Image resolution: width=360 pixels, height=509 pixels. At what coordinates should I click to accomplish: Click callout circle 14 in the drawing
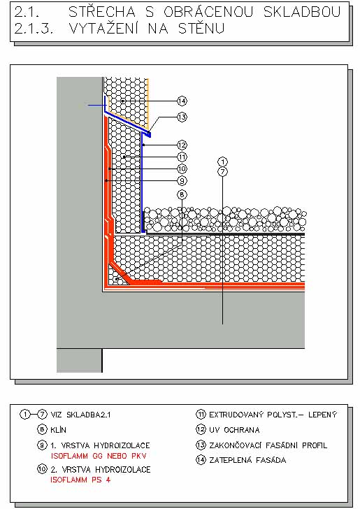tap(182, 101)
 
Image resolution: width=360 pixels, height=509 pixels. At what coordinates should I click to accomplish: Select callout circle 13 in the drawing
tap(182, 117)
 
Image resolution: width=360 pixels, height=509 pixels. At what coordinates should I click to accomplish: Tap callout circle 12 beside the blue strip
tap(182, 145)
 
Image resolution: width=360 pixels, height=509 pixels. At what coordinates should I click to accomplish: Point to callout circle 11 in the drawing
tap(182, 157)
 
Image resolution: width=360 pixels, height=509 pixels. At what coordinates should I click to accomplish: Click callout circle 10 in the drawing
tap(182, 169)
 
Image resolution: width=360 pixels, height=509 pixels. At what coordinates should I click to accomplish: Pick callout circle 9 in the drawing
tap(182, 180)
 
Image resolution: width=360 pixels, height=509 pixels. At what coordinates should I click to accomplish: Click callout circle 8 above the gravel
tap(182, 195)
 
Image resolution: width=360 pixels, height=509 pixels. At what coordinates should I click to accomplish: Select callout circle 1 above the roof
tap(223, 162)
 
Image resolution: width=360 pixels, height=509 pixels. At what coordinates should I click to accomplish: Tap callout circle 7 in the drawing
tap(223, 172)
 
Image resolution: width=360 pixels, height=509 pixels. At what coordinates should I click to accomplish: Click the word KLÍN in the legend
tap(59, 430)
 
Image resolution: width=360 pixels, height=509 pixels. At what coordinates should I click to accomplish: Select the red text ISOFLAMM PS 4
tap(80, 480)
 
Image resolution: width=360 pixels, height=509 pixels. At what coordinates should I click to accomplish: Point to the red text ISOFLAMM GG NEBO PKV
tap(99, 456)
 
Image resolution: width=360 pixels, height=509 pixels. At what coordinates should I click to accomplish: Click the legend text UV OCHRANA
tap(234, 430)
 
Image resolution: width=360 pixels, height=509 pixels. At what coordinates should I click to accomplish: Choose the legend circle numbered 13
tap(201, 445)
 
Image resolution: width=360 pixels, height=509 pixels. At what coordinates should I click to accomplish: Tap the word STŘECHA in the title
tap(102, 12)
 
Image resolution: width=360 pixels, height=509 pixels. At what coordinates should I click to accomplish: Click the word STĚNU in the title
tap(201, 29)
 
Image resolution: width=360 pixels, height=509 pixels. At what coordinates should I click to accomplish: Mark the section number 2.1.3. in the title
tap(34, 29)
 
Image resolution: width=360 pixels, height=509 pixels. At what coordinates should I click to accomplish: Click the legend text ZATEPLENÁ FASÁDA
tap(247, 460)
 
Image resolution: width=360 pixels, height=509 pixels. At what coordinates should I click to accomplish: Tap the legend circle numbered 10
tap(42, 469)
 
